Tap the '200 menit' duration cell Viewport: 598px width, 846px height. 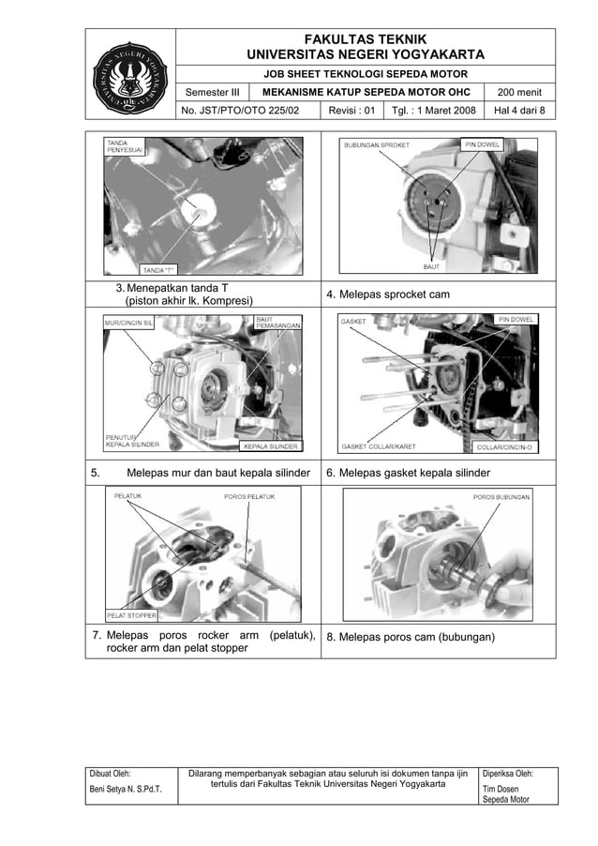[x=526, y=93]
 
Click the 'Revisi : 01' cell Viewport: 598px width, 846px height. [x=351, y=111]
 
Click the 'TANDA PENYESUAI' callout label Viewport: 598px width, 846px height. [x=124, y=148]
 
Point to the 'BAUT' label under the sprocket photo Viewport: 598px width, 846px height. [x=432, y=267]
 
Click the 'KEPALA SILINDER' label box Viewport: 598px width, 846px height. [x=271, y=446]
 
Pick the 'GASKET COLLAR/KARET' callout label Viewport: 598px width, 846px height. [x=379, y=446]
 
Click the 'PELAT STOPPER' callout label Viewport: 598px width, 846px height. [x=131, y=616]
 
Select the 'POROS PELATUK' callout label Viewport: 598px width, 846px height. [x=249, y=496]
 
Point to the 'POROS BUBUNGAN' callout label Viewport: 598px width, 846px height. [x=501, y=496]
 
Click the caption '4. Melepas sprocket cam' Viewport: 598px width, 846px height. [x=387, y=295]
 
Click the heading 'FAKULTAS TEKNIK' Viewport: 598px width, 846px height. [x=366, y=38]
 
